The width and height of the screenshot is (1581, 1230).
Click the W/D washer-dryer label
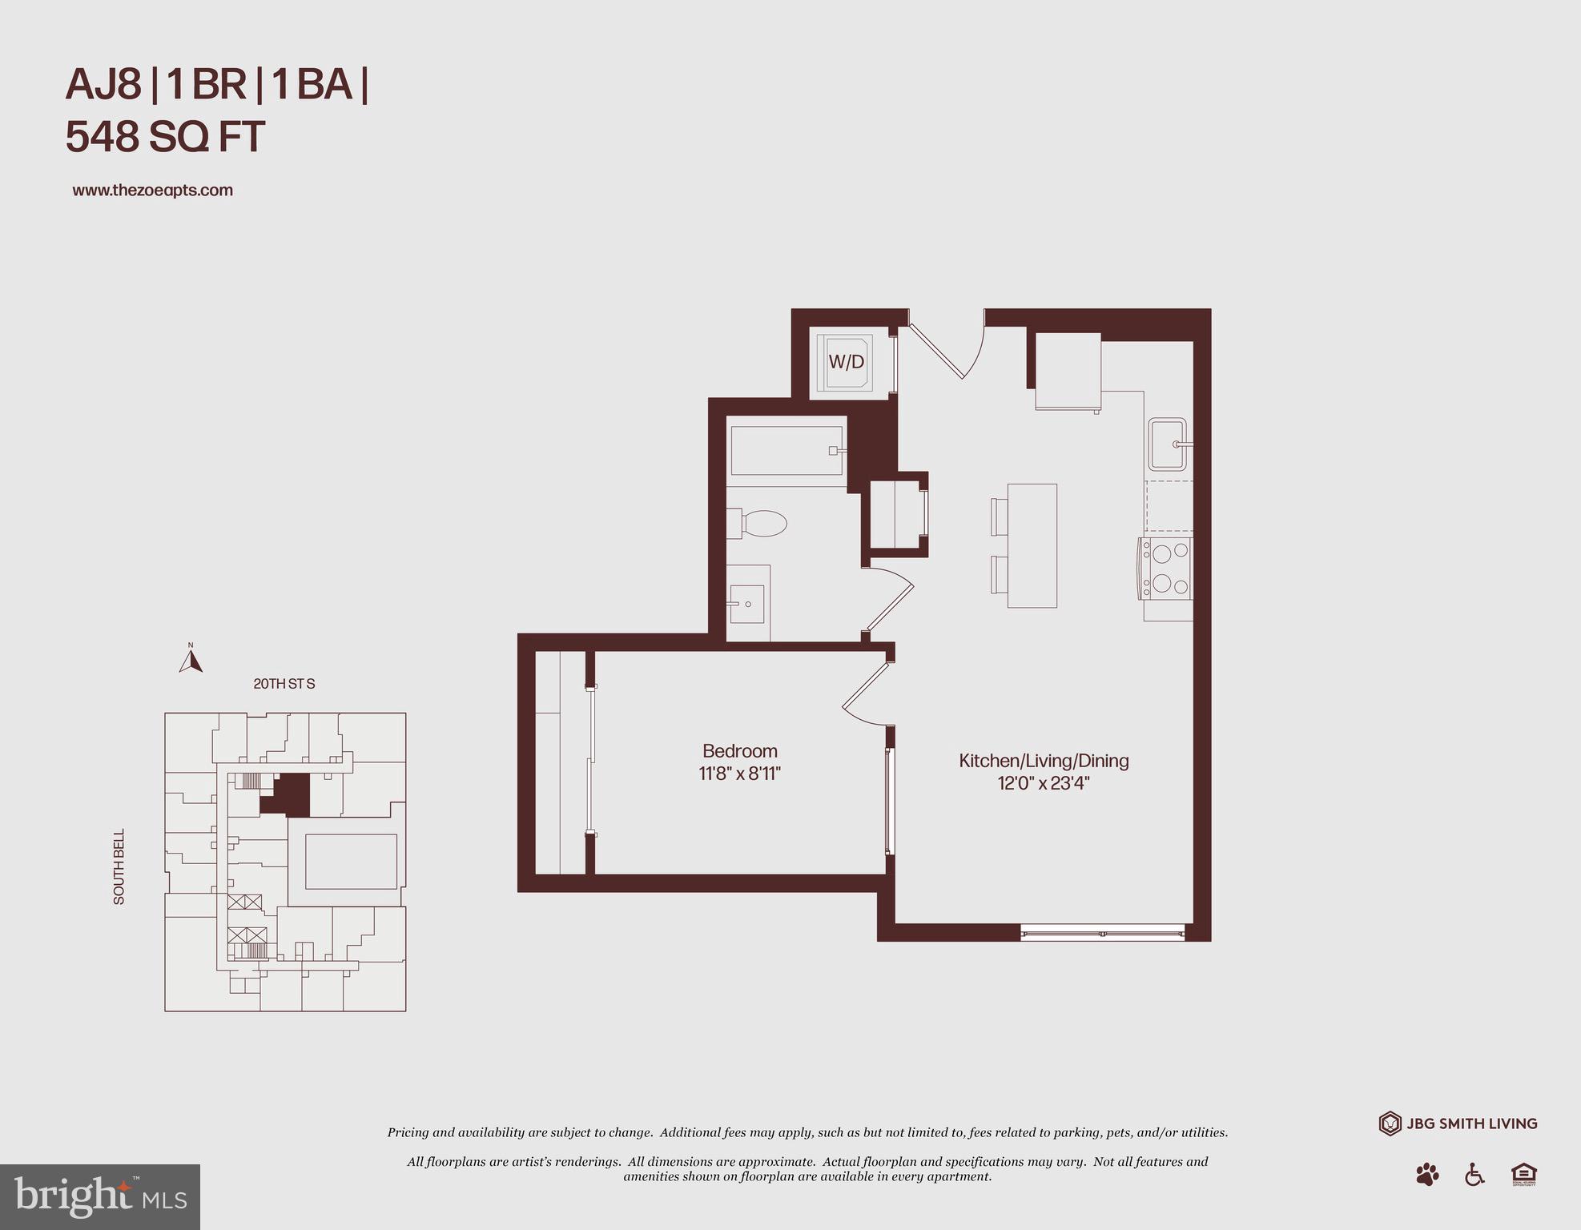[x=846, y=362]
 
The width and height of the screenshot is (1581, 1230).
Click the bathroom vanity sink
[x=747, y=604]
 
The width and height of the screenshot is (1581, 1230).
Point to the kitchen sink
[x=1167, y=444]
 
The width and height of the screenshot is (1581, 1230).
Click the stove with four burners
[x=1166, y=569]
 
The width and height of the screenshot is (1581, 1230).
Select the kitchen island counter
[x=1032, y=545]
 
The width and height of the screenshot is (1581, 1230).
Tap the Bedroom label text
[x=739, y=751]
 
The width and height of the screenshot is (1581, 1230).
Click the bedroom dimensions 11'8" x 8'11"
[x=739, y=774]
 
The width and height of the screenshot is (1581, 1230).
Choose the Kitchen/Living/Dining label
[x=1044, y=761]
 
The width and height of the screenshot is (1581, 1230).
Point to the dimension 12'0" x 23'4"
[x=1044, y=783]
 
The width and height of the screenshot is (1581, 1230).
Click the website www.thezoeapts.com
[x=152, y=191]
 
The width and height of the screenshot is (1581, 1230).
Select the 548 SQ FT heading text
[x=165, y=137]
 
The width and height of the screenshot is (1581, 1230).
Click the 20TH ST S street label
[x=284, y=684]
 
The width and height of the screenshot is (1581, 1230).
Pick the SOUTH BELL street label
[x=119, y=866]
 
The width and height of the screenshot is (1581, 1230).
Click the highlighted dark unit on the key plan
[x=292, y=795]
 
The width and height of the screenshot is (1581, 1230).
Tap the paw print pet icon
[x=1427, y=1175]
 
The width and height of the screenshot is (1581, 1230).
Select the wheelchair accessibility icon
[x=1474, y=1175]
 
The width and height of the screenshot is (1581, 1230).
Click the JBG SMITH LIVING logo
[x=1458, y=1123]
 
